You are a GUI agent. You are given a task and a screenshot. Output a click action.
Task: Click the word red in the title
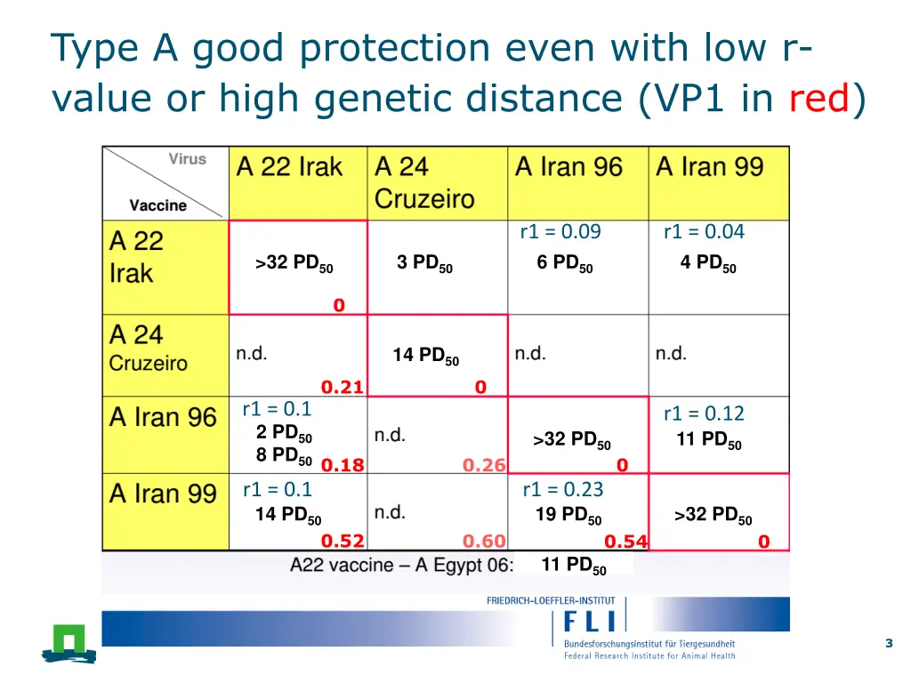819,98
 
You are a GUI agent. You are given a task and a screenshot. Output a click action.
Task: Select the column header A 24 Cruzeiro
424,182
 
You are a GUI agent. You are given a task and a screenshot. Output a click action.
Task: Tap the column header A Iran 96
568,167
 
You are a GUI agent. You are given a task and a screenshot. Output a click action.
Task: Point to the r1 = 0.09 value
560,232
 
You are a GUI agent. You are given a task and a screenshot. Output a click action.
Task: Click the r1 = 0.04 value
704,232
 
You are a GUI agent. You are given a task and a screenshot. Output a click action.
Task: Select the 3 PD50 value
424,263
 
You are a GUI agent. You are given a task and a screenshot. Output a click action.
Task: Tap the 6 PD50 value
565,263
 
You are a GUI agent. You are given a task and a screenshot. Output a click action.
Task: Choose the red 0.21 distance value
343,387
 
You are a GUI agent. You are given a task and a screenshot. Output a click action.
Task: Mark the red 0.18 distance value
343,465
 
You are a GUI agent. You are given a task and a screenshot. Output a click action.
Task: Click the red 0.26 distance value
484,465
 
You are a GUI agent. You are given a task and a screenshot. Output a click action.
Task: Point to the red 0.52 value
343,542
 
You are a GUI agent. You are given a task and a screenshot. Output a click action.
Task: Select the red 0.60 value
484,542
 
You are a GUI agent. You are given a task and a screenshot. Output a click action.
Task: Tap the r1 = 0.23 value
563,489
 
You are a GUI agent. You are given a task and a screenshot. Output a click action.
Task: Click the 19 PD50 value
568,515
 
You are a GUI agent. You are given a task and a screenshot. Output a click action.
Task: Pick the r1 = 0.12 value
704,414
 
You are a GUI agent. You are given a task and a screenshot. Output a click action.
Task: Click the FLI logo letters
592,621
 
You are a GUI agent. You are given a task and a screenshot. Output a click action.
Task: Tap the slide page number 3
889,644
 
